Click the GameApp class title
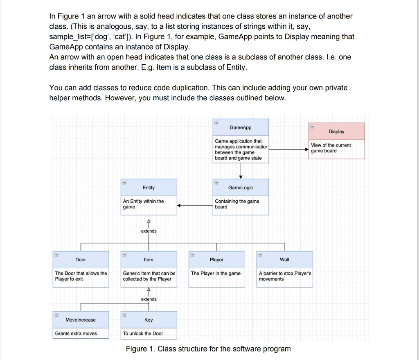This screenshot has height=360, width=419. click(x=241, y=128)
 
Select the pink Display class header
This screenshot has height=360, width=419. click(x=336, y=131)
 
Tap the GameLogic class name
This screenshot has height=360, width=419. click(x=241, y=188)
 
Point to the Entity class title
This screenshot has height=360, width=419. click(x=149, y=188)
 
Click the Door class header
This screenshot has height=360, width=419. click(x=81, y=260)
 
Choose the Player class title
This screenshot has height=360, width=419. click(x=216, y=260)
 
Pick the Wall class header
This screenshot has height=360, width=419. click(x=284, y=260)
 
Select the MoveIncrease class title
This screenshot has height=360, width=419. click(x=81, y=320)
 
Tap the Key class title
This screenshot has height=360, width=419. click(x=149, y=320)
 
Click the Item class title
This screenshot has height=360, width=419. click(x=149, y=260)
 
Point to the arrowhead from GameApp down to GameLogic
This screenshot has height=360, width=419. click(x=241, y=176)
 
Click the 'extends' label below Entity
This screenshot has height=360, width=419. click(x=149, y=231)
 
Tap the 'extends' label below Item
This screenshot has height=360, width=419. click(x=149, y=299)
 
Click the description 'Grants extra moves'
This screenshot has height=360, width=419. click(x=76, y=333)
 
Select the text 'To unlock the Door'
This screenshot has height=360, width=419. click(x=143, y=333)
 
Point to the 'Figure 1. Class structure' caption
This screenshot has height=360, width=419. click(x=208, y=349)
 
